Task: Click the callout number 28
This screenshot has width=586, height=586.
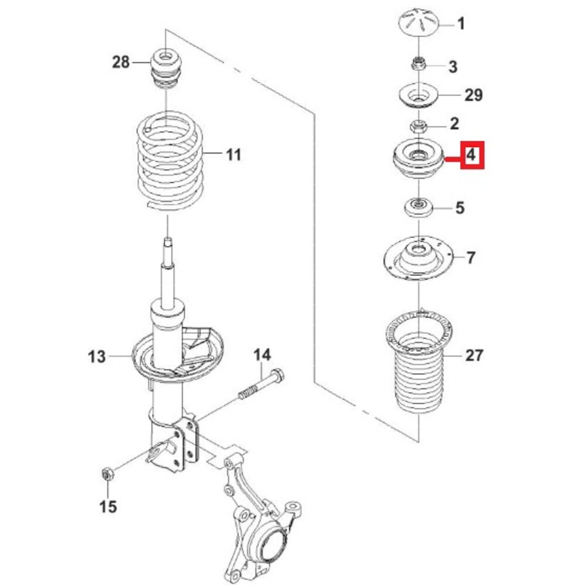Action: click(x=121, y=62)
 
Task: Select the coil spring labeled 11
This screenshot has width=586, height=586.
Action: click(x=170, y=161)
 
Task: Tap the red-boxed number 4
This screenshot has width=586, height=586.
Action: click(x=472, y=155)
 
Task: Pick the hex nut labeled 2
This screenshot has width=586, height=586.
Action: click(x=418, y=126)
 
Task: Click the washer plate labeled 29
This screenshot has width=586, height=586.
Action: click(x=418, y=96)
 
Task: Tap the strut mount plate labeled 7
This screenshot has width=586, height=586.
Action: click(x=419, y=260)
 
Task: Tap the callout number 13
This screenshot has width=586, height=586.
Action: click(x=97, y=356)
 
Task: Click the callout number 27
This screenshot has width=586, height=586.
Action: click(x=474, y=355)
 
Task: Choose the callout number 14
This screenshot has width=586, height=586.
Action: click(x=262, y=355)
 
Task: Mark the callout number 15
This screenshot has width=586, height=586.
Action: click(x=108, y=507)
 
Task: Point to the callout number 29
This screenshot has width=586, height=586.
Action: click(x=473, y=95)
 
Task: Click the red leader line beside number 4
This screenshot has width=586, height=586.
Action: click(x=452, y=159)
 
